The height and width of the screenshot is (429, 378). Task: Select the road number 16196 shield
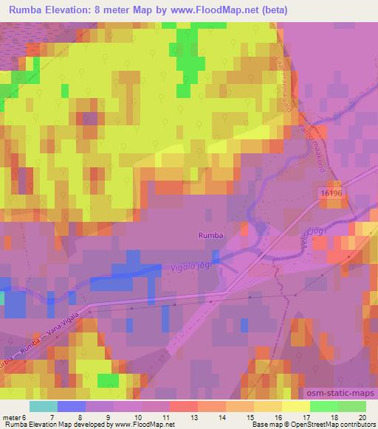point(333,192)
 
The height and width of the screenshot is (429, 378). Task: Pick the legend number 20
point(361,417)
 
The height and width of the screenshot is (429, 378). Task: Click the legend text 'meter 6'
point(13,417)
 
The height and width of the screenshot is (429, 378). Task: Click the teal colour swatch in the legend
point(44,406)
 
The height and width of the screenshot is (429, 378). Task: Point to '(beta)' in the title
point(272,10)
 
